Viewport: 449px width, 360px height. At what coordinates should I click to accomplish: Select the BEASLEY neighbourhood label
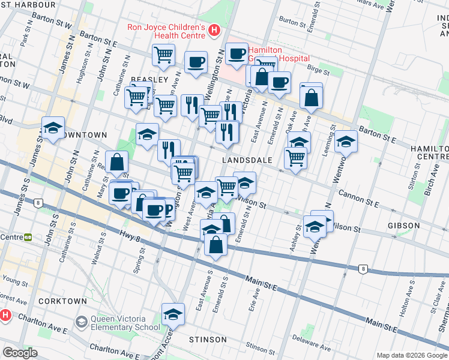[x=149, y=80]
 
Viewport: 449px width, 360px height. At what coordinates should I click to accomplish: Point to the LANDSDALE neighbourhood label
[x=247, y=160]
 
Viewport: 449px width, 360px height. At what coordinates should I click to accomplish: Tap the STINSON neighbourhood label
[x=208, y=340]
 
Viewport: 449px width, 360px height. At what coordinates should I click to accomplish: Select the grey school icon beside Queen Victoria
[x=80, y=323]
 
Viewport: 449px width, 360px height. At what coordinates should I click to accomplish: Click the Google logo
[x=20, y=353]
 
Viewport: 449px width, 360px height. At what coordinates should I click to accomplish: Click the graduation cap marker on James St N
[x=53, y=128]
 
